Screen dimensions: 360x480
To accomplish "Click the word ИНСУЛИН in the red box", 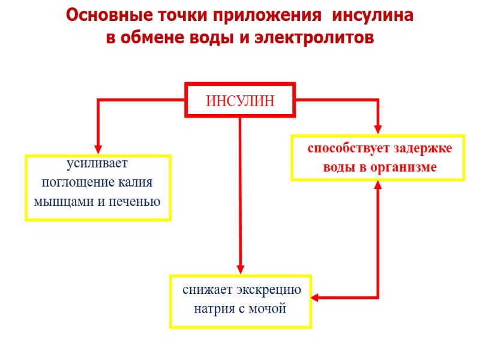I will pos(240,101).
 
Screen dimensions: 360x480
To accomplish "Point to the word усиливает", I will pos(97,164).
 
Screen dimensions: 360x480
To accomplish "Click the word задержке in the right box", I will pos(423,148).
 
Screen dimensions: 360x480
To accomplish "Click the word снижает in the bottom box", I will pos(208,290).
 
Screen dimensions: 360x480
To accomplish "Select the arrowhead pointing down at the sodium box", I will pos(240,269).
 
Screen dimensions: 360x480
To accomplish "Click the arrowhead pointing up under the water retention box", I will pos(378,185).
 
